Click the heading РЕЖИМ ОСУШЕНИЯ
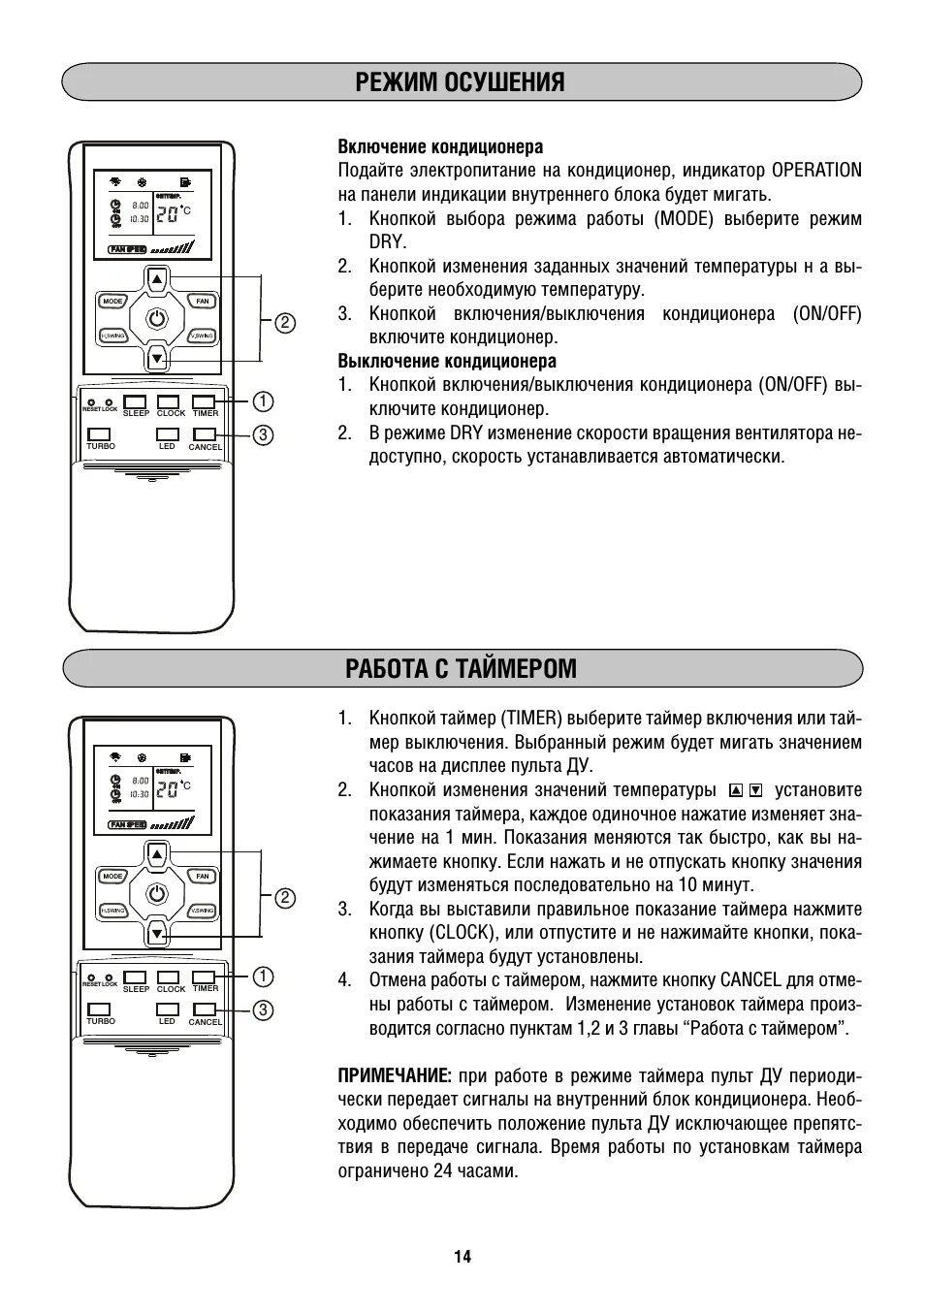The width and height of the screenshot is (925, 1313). [x=461, y=82]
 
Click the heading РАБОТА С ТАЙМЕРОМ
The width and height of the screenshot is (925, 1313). [x=461, y=669]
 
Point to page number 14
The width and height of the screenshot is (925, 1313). [x=462, y=1257]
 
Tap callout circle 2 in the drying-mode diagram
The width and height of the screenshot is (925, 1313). [x=285, y=323]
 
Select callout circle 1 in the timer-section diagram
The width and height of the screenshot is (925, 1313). [x=263, y=976]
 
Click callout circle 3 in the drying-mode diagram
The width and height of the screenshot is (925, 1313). [x=263, y=434]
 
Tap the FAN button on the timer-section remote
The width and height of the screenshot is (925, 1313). [x=202, y=877]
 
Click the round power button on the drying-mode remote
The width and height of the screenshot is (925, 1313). [x=157, y=318]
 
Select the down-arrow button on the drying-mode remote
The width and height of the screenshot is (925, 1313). [x=157, y=359]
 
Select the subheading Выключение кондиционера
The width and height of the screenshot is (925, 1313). [x=447, y=362]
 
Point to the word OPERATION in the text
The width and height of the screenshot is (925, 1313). [x=816, y=171]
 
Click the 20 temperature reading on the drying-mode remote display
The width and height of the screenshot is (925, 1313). [x=167, y=214]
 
